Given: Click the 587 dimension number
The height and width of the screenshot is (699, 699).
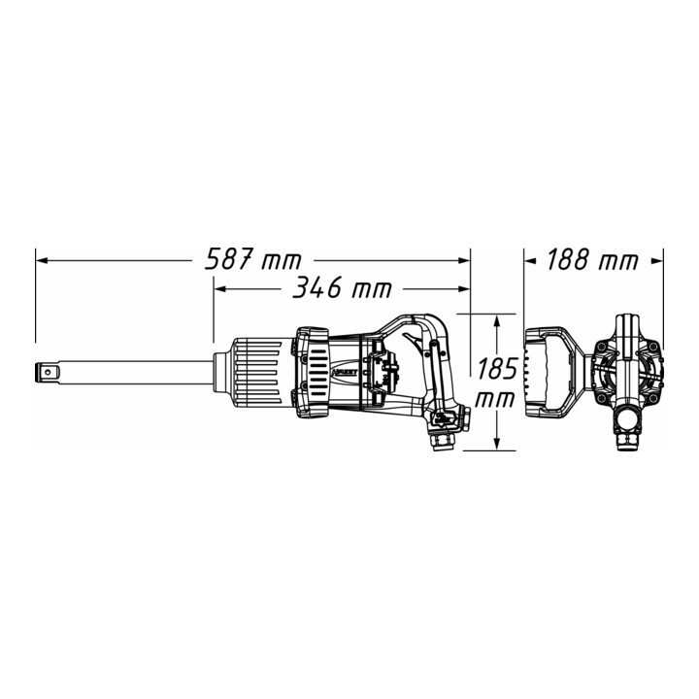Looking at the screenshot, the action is pos(229,259).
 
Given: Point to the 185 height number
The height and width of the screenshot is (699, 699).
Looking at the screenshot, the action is pos(497,368).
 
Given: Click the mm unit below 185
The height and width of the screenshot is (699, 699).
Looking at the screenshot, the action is pos(495,400).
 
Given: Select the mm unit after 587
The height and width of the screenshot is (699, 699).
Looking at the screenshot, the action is pos(282,262).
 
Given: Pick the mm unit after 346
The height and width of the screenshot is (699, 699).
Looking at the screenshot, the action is pos(371,290).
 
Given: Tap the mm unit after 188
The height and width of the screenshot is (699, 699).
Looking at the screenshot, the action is pos(618,262).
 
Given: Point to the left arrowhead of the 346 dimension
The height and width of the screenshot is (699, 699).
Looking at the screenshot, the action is pos(220,289).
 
